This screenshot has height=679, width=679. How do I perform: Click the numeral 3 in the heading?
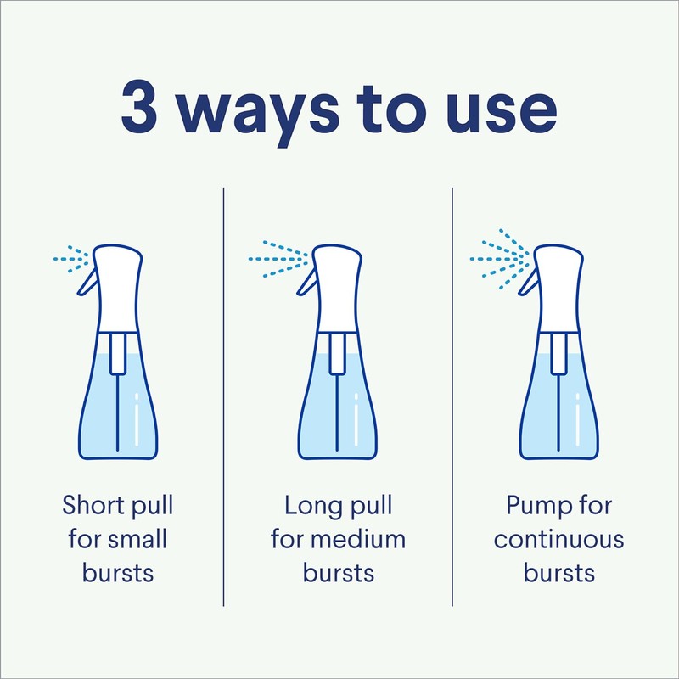139,107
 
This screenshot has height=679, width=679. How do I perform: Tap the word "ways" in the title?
259,114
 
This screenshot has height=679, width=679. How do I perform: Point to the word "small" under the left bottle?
137,539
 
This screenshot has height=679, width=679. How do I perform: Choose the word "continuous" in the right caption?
558,540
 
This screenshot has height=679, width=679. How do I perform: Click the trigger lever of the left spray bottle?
88,282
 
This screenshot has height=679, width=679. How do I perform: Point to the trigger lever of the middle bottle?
307,282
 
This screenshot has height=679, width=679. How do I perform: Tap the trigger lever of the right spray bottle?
529,282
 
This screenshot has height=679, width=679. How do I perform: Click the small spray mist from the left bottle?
71,259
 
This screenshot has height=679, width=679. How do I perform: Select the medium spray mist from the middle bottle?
278,259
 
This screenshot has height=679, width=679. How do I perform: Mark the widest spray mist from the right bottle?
499,259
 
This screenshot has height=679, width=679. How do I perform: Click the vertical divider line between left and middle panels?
223,396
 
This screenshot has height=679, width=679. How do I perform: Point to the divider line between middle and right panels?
452,396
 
